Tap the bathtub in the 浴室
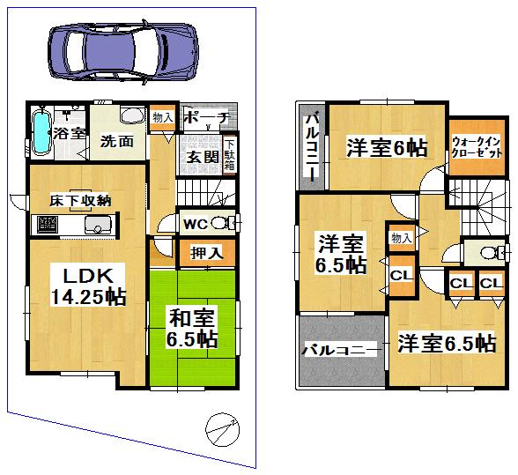pos(41,132)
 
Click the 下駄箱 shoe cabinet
pos(230,155)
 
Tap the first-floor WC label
pos(195,223)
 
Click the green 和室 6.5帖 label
pos(192,326)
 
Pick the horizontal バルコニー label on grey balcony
pos(342,350)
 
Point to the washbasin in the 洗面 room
pos(132,117)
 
